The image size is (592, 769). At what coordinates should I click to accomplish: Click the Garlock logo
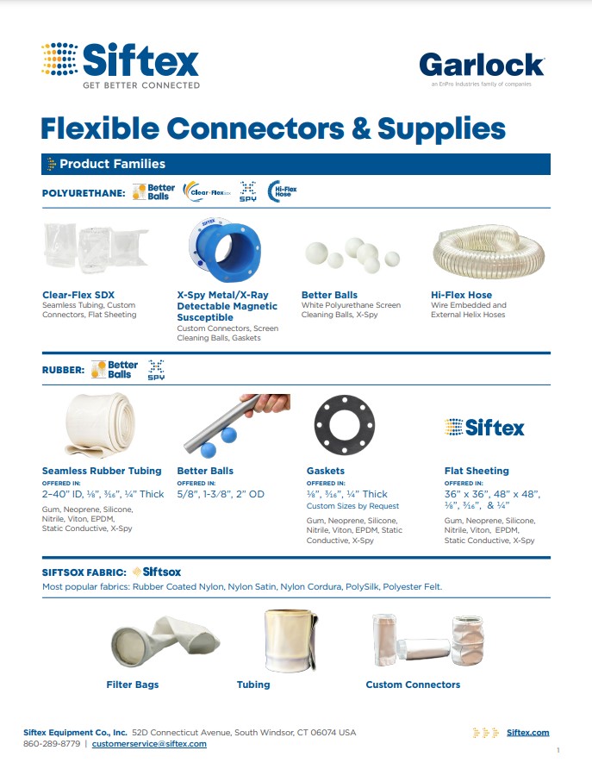pos(482,69)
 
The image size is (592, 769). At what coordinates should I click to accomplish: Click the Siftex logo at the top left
pos(121,66)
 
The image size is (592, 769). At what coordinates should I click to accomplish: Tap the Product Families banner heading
pos(112,164)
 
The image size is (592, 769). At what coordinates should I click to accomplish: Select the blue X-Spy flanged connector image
pos(225,250)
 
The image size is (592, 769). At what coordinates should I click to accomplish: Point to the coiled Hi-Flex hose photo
pos(489,251)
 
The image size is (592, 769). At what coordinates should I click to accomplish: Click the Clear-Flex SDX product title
pos(78,295)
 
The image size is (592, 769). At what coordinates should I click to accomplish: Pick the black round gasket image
pos(345,425)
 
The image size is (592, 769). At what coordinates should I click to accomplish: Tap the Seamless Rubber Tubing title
pos(102,471)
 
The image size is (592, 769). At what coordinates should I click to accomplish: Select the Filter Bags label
pos(133,685)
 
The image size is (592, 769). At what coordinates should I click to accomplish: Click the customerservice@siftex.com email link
pos(149,743)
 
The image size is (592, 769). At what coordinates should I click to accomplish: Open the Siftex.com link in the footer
pos(527,732)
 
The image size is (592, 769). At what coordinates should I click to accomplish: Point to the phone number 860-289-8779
pos(52,743)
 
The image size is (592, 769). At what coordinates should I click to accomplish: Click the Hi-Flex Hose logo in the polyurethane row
pos(283,191)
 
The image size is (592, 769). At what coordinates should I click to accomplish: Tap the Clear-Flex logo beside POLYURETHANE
pos(207,191)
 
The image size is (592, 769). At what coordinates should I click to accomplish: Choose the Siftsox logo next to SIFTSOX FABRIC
pos(157,572)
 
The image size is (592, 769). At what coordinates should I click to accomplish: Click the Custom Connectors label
pos(413,685)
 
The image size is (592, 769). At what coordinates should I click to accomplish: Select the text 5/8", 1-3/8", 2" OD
pos(221,494)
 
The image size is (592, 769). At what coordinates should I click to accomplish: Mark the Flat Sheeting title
pos(477,471)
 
